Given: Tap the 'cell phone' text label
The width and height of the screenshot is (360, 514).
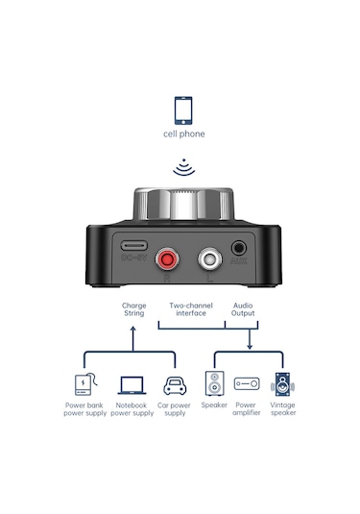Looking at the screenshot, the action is (182, 135).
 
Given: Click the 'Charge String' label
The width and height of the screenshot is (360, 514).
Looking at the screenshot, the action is (134, 310).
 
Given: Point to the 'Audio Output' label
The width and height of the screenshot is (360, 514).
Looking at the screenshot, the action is (243, 310).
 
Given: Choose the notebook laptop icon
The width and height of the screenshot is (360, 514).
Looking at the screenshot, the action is (132, 385).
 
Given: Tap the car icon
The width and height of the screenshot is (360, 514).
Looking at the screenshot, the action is (175, 385).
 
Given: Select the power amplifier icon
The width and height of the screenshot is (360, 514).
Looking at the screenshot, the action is (247, 383).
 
